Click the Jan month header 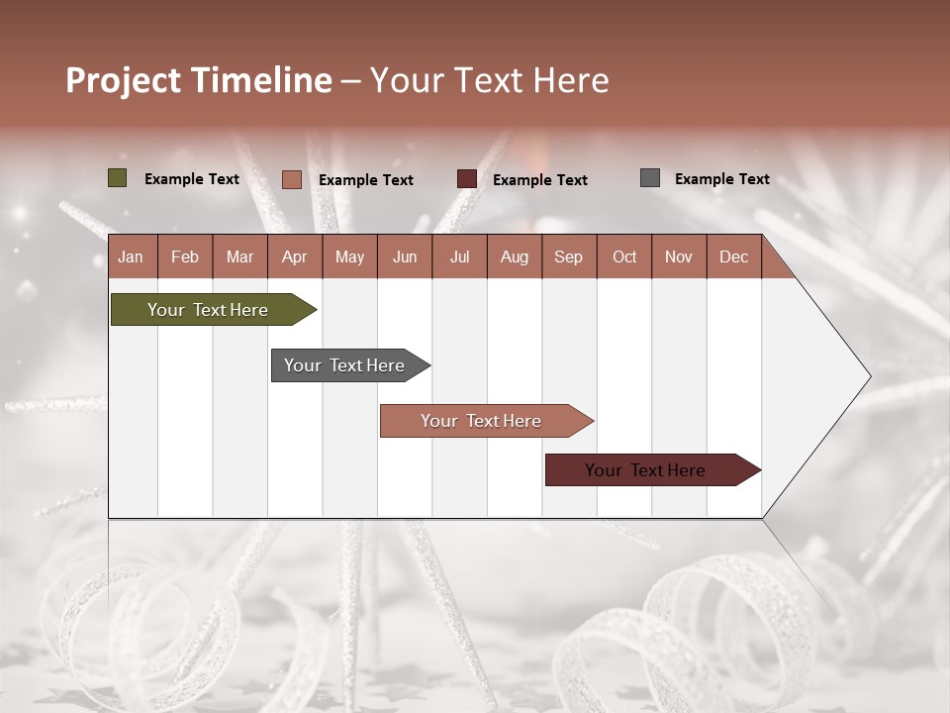point(131,256)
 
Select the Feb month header point(185,256)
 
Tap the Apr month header point(294,256)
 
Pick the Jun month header point(405,256)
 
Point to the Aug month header point(514,256)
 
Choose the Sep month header point(568,256)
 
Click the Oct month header point(624,256)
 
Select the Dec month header point(733,256)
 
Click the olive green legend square point(117,178)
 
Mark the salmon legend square point(291,179)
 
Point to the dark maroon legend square point(467,178)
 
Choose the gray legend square point(650,178)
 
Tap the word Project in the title point(124,80)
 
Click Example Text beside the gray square point(721,179)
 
